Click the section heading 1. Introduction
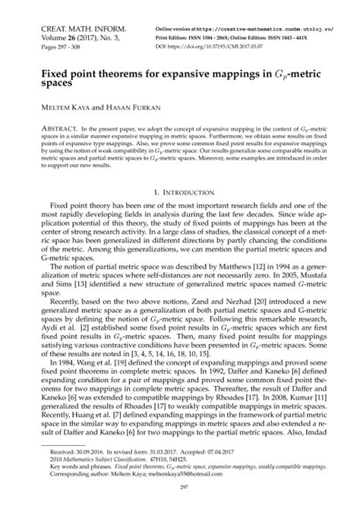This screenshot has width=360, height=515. pyautogui.click(x=180, y=194)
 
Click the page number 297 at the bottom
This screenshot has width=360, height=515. pyautogui.click(x=180, y=489)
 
